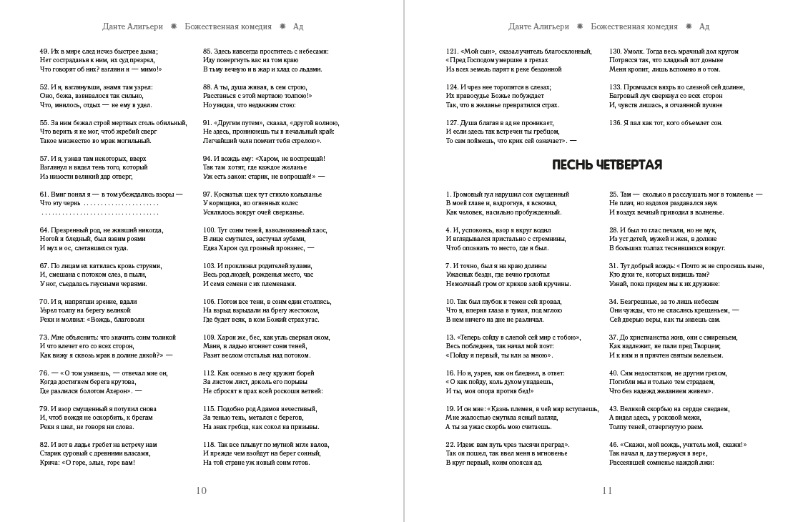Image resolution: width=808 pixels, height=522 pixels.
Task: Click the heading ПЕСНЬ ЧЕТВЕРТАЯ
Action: [x=607, y=164]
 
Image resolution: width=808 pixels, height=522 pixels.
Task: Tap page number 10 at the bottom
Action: [x=201, y=491]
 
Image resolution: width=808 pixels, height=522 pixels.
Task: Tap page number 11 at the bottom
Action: [x=607, y=491]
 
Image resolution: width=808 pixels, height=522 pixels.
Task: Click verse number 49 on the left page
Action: [x=44, y=51]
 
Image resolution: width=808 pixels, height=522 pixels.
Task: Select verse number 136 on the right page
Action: [x=616, y=123]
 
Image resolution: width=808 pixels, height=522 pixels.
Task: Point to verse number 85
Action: [x=207, y=51]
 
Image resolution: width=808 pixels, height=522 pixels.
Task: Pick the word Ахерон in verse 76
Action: [x=112, y=391]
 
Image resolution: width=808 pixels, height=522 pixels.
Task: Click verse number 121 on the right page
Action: [x=452, y=51]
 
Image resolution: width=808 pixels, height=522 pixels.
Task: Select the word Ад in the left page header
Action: [x=298, y=26]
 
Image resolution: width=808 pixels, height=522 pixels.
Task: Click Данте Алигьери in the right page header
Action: [x=538, y=26]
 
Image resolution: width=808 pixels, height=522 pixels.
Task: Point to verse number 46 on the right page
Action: [x=614, y=445]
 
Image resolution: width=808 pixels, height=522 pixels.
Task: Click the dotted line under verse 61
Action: [x=100, y=212]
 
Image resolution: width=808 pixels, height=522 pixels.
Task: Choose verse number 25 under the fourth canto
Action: [x=614, y=194]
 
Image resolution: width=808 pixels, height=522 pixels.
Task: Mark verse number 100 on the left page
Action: [x=210, y=230]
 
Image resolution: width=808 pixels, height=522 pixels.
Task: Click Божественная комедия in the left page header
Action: [x=228, y=26]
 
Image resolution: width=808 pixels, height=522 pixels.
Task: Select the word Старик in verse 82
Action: [x=52, y=453]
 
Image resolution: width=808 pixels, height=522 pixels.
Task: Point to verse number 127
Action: [x=452, y=123]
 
